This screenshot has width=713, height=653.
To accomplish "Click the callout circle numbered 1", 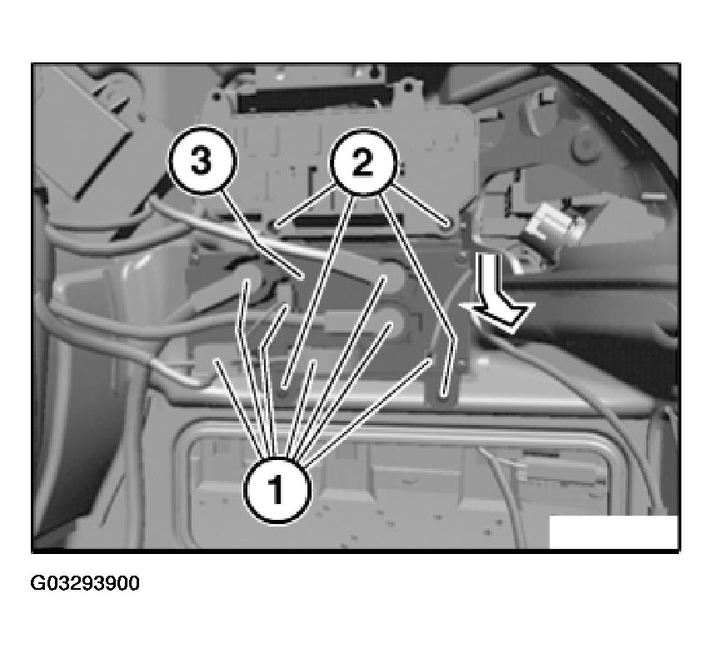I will coord(275,489).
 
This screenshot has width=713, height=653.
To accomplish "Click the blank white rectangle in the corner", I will coord(613,532).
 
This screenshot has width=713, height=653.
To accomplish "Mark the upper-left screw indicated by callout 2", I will coord(275,223).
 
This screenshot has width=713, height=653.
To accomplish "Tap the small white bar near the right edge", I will coord(654,197).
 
